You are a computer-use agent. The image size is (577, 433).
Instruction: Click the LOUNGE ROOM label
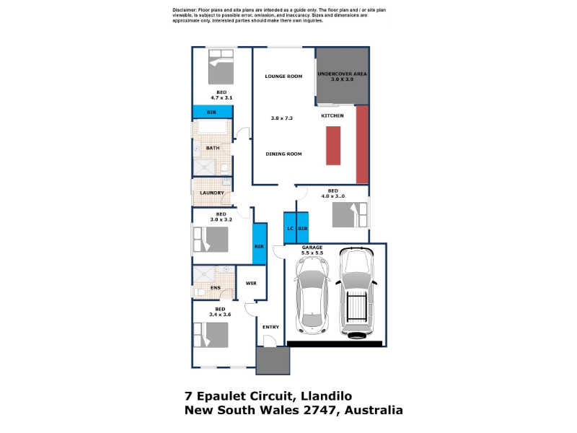[283, 76]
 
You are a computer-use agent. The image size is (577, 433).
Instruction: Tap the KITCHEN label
[332, 115]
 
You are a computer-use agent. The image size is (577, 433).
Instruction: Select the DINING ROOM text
[283, 154]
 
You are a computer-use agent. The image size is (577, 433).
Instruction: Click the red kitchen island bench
[333, 146]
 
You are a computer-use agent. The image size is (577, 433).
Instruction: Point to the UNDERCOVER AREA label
[342, 74]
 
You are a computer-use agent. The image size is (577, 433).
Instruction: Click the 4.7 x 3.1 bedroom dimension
[221, 97]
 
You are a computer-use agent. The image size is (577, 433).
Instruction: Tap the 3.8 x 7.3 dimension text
[281, 118]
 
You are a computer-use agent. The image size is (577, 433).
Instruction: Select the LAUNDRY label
[212, 193]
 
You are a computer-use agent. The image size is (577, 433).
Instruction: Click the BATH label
[213, 148]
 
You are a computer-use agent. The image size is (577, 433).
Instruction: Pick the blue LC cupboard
[290, 227]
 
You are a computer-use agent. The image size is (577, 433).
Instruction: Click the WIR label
[251, 283]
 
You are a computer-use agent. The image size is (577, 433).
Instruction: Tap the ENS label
[216, 288]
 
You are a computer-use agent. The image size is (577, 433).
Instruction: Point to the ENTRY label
[270, 327]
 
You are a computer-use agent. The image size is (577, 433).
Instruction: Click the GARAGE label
[312, 248]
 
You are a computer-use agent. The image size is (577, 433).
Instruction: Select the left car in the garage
[312, 295]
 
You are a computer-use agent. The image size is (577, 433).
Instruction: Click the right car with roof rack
[356, 293]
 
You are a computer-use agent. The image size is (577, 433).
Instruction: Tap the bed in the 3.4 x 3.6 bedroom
[211, 335]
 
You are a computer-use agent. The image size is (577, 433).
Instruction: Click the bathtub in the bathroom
[212, 127]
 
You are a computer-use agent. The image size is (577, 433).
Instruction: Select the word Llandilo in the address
[327, 396]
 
